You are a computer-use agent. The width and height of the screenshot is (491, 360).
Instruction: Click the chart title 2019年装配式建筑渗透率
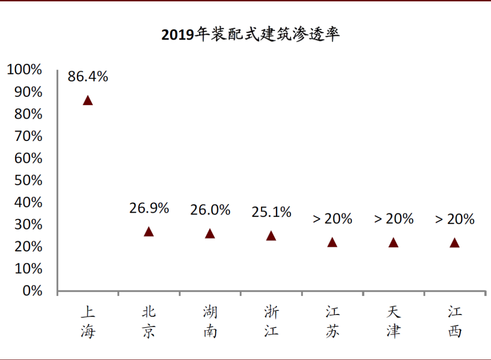click(251, 35)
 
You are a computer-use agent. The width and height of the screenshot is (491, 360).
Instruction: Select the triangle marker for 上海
click(88, 100)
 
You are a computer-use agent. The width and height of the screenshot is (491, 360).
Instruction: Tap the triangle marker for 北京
click(149, 232)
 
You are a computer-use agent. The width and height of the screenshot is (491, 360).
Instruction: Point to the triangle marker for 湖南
click(210, 234)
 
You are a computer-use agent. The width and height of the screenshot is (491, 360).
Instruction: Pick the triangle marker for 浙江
click(271, 235)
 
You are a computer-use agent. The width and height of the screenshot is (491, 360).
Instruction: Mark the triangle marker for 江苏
click(332, 242)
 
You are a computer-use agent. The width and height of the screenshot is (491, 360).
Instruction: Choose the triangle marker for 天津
click(393, 243)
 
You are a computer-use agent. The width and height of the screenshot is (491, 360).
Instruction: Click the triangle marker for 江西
click(455, 243)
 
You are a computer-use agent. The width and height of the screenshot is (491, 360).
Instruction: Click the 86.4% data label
click(88, 76)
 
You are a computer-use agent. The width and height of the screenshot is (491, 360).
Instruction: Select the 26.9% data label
click(149, 208)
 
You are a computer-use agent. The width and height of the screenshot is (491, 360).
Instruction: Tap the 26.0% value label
click(210, 210)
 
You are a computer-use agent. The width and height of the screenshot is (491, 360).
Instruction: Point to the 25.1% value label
click(271, 212)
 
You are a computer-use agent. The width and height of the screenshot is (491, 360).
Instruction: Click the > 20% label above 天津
click(394, 219)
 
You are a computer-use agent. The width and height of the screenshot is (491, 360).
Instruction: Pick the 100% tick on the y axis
click(25, 70)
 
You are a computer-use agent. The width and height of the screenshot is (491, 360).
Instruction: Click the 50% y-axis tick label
click(28, 180)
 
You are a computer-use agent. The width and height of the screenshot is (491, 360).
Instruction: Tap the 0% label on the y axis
click(32, 291)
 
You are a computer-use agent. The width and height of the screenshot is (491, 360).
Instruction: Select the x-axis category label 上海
click(88, 322)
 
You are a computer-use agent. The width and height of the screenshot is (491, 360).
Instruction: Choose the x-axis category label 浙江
click(271, 322)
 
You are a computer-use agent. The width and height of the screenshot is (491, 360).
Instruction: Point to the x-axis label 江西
click(455, 322)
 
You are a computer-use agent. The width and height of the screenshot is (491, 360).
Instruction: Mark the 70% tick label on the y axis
click(28, 136)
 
